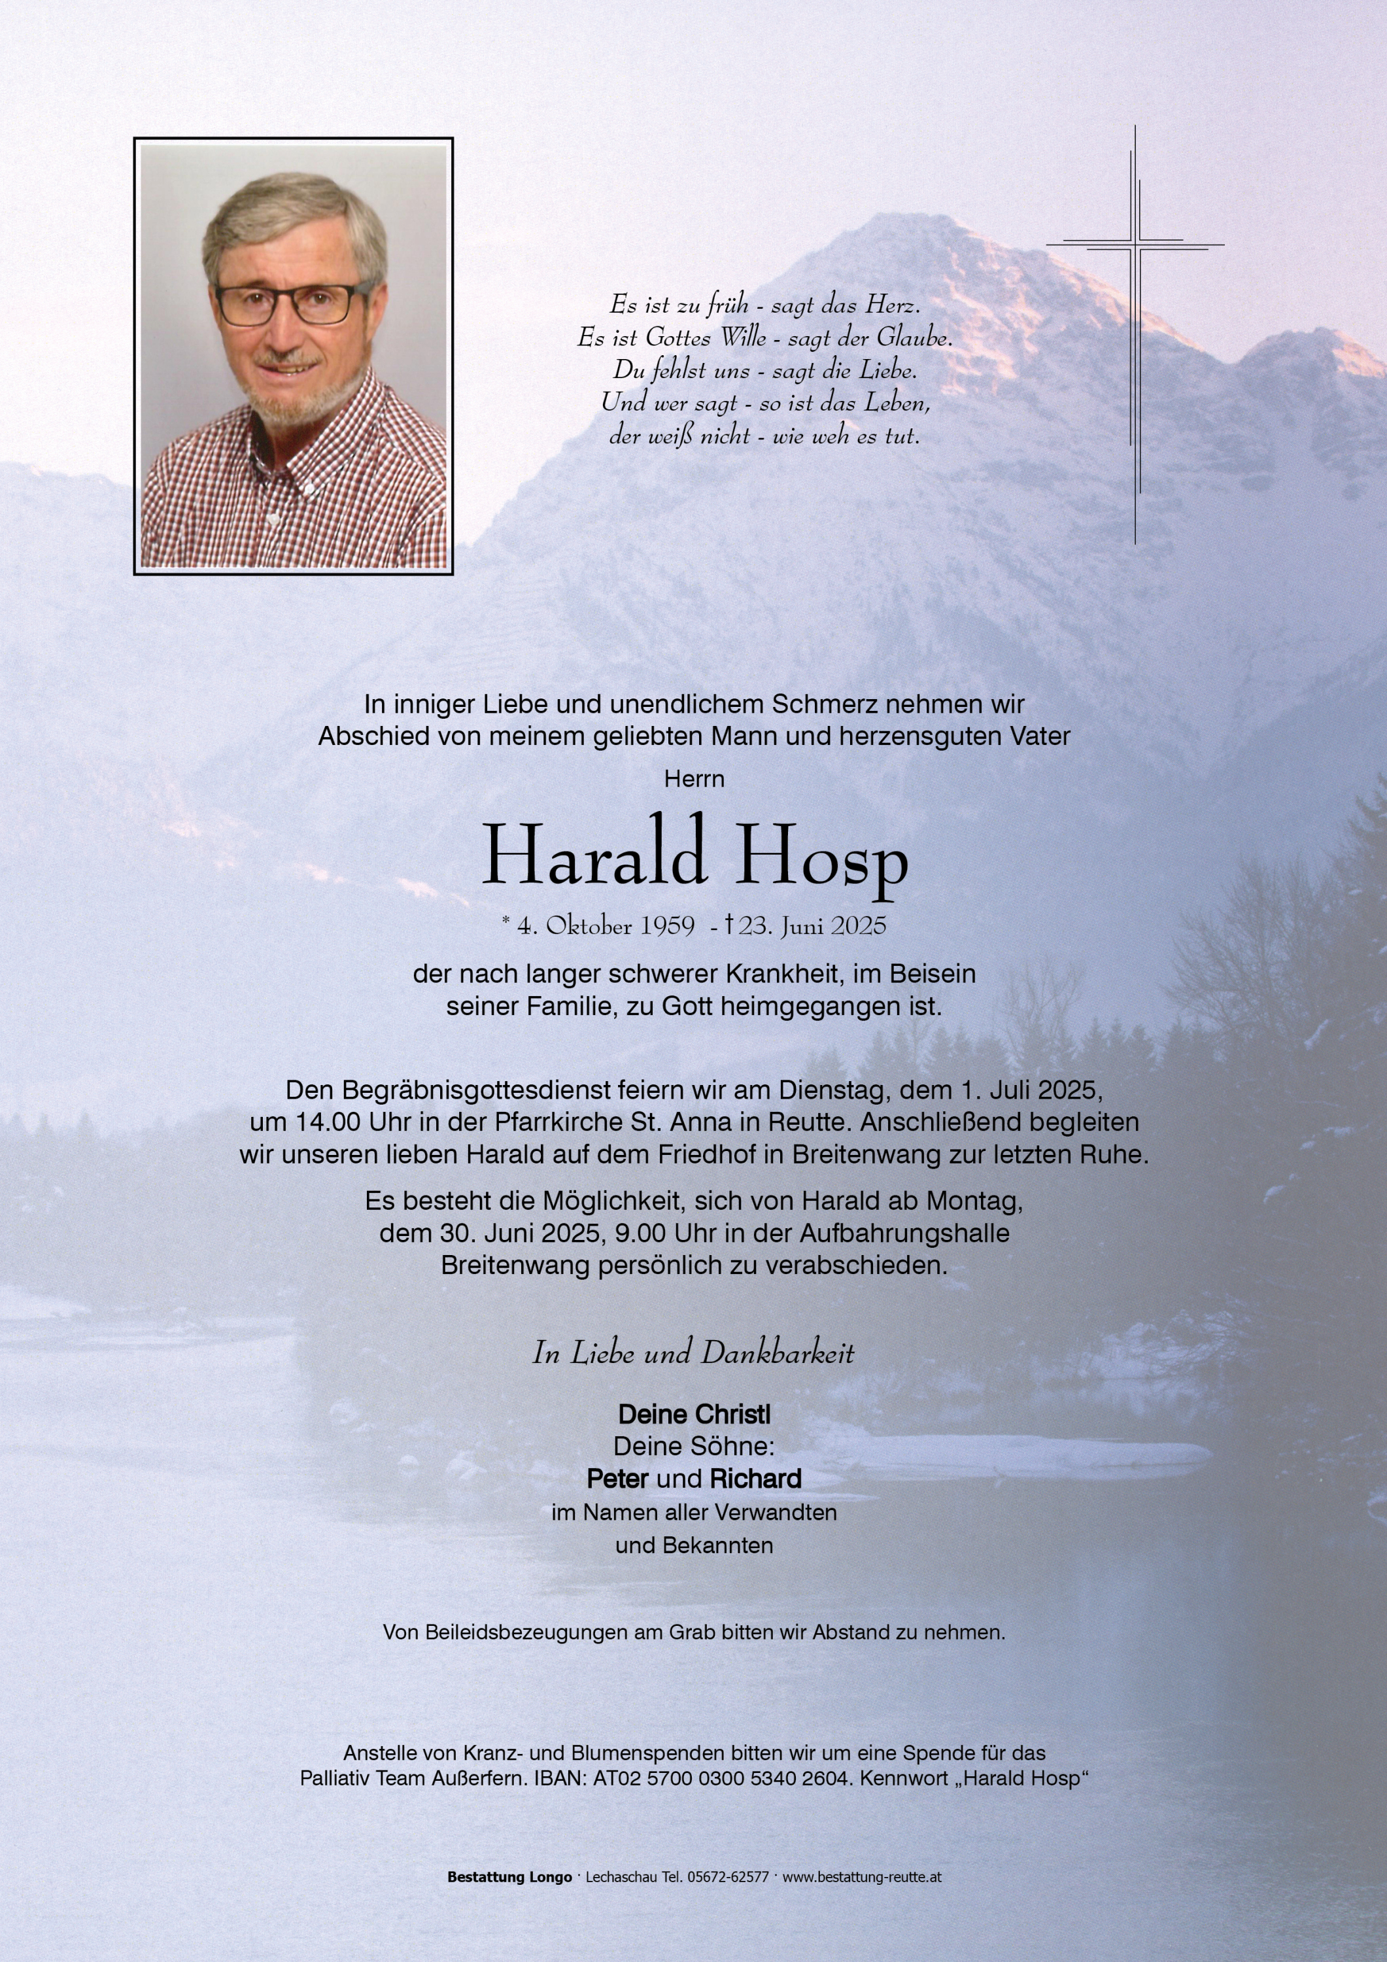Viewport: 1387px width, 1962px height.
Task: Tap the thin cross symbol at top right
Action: point(1135,247)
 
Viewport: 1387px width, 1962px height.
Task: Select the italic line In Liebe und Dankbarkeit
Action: point(693,1352)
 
